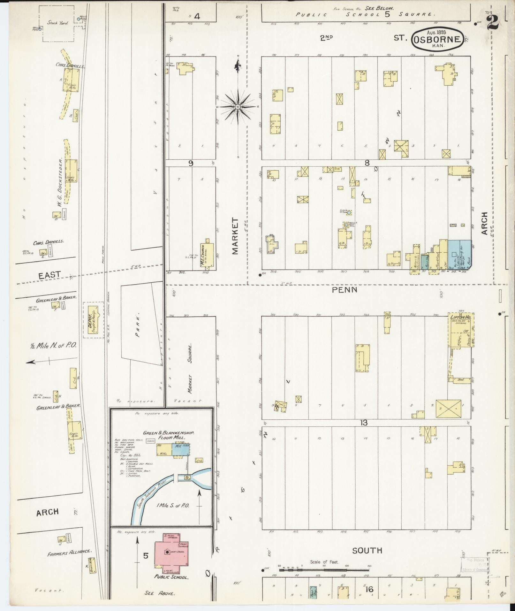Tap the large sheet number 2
tap(494, 22)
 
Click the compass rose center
tap(238, 106)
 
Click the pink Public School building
tap(170, 553)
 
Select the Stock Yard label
tap(57, 23)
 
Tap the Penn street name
tap(344, 290)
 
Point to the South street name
tap(367, 550)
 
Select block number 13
tap(363, 423)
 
